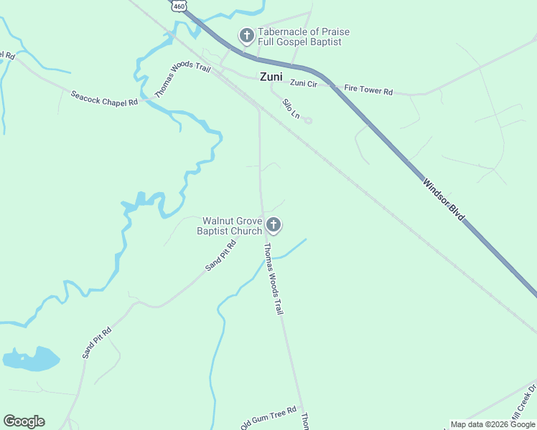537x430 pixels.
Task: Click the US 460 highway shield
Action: tap(179, 5)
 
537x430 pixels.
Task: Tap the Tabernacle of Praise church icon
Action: tap(246, 36)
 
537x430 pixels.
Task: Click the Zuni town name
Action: tap(271, 77)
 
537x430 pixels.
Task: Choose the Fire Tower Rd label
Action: tap(368, 91)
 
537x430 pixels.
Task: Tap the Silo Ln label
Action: tap(290, 108)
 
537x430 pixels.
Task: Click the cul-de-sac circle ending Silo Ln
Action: tap(308, 120)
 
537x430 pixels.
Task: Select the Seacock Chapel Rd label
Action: tap(103, 98)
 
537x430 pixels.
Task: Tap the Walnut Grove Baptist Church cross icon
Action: tap(273, 226)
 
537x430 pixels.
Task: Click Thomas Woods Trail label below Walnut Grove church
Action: tap(273, 279)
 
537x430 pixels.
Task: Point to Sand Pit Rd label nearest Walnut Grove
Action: tap(220, 256)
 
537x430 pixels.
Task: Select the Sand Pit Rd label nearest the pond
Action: tap(97, 343)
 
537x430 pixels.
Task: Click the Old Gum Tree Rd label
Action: tap(268, 418)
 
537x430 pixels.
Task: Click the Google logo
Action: tap(24, 421)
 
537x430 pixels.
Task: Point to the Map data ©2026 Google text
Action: tap(492, 424)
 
